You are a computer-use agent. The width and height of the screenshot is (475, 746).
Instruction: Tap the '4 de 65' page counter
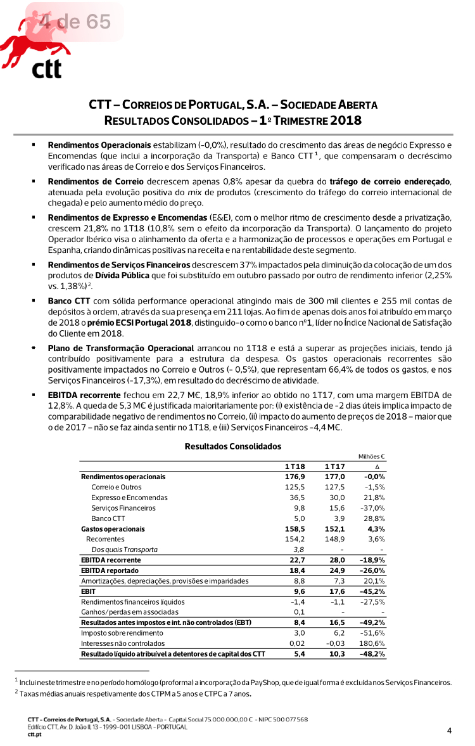click(74, 22)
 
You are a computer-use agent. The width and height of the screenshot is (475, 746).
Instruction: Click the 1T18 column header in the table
click(295, 466)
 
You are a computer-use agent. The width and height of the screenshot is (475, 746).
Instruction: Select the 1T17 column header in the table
click(334, 466)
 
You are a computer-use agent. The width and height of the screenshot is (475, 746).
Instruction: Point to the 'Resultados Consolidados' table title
click(232, 446)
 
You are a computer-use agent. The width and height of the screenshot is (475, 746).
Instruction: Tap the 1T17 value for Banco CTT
click(338, 518)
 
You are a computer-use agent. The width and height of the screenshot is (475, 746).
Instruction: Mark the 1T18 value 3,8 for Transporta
click(299, 550)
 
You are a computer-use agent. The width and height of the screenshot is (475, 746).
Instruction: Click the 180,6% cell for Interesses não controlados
click(373, 643)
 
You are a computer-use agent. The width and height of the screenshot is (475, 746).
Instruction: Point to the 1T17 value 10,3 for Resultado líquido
click(336, 653)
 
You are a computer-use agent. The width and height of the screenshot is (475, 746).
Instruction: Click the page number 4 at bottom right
click(449, 731)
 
